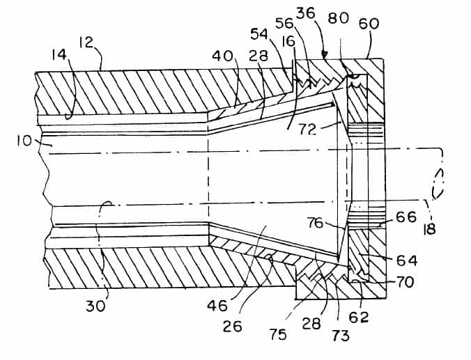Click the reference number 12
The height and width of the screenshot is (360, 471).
pyautogui.click(x=86, y=43)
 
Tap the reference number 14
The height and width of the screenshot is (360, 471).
pyautogui.click(x=59, y=56)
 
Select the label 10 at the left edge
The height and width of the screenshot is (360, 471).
pyautogui.click(x=24, y=141)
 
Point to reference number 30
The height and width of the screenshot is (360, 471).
pyautogui.click(x=95, y=306)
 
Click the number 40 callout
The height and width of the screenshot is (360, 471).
pyautogui.click(x=222, y=56)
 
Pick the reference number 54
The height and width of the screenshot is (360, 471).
pyautogui.click(x=259, y=34)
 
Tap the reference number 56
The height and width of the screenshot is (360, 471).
pyautogui.click(x=284, y=23)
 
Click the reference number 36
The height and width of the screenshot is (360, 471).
pyautogui.click(x=306, y=13)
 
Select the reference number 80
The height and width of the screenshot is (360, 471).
pyautogui.click(x=338, y=18)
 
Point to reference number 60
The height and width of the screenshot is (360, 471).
pyautogui.click(x=369, y=24)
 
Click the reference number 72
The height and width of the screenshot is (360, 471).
pyautogui.click(x=307, y=129)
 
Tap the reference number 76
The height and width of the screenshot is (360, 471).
pyautogui.click(x=315, y=223)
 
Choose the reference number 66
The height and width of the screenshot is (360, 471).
pyautogui.click(x=406, y=217)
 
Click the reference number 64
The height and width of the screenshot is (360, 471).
pyautogui.click(x=407, y=260)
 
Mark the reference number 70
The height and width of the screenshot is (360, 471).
pyautogui.click(x=405, y=282)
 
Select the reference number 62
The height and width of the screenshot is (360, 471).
pyautogui.click(x=359, y=317)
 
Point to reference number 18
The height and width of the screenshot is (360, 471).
pyautogui.click(x=430, y=229)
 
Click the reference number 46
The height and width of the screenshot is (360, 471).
pyautogui.click(x=217, y=306)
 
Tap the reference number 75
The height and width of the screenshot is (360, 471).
pyautogui.click(x=278, y=335)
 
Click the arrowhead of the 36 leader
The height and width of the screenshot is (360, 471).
pyautogui.click(x=324, y=56)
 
